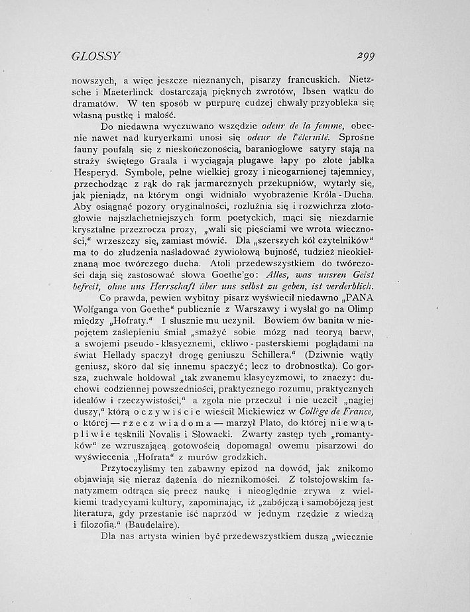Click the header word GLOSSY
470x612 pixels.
(x=95, y=58)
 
